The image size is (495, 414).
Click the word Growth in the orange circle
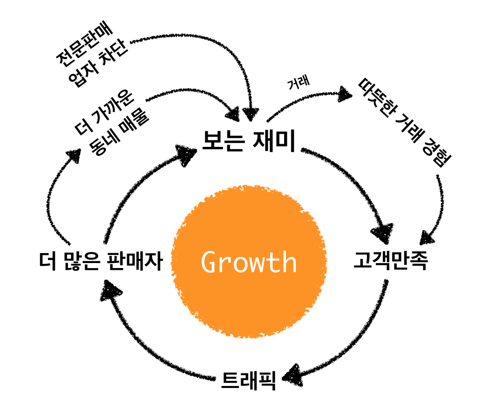coord(249,262)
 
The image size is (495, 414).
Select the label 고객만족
coord(390,262)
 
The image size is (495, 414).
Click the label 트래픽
coord(248,381)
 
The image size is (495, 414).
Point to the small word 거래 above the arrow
coord(298,83)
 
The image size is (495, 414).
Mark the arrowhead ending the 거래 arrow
coord(346,94)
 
